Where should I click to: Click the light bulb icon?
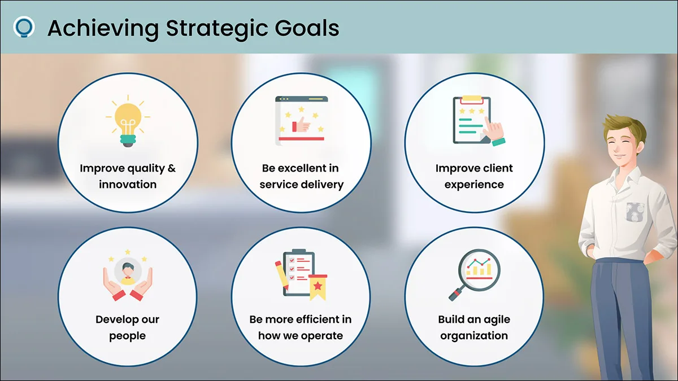128,121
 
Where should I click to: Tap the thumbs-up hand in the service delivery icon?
301,124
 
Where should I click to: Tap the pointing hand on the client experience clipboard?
494,132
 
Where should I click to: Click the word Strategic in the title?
217,29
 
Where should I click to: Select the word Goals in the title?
307,28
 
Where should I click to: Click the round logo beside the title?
24,27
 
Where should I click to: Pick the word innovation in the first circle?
128,185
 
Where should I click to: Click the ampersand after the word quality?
172,168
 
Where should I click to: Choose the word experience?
474,185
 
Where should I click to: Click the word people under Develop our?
128,336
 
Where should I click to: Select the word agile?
496,320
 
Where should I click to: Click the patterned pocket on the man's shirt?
635,212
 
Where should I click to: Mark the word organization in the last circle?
474,336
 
